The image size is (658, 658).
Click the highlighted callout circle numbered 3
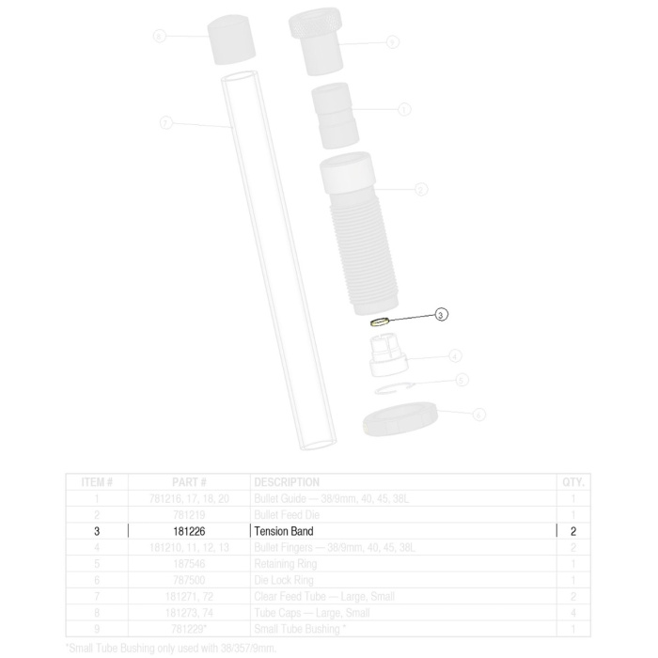(442, 316)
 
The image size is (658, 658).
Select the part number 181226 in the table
(189, 531)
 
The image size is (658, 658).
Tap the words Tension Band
(283, 531)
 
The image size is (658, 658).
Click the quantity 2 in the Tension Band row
(572, 531)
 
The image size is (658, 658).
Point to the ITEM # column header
(97, 482)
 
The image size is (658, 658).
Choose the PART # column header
(189, 482)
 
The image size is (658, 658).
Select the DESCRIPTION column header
(288, 482)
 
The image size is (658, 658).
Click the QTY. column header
(572, 482)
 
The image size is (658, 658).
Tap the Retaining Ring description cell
(286, 564)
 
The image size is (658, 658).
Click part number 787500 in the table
(189, 580)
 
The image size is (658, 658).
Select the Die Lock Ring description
(284, 580)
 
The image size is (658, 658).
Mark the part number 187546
(189, 564)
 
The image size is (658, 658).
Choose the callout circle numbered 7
(166, 123)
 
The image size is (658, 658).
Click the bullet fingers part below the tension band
(384, 356)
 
